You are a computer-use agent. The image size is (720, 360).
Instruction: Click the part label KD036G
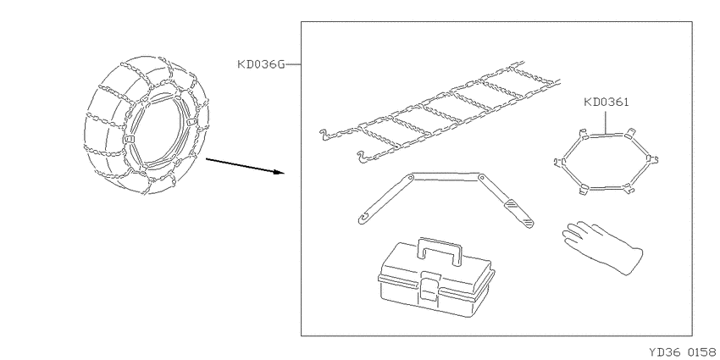click(x=261, y=64)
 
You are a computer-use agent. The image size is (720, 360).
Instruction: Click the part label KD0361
click(x=606, y=102)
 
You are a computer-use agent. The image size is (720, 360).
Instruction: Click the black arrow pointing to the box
click(x=245, y=166)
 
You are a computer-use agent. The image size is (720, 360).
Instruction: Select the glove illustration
click(x=602, y=247)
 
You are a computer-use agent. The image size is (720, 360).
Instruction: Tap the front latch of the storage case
click(x=429, y=286)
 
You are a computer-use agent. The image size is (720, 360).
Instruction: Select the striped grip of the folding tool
click(x=519, y=213)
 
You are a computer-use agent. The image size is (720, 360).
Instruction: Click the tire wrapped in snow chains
click(x=146, y=125)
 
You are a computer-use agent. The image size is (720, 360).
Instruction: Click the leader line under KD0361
click(x=606, y=121)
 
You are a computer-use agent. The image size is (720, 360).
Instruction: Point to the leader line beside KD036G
click(x=293, y=64)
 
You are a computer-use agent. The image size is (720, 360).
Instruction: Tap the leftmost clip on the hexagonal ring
click(x=560, y=162)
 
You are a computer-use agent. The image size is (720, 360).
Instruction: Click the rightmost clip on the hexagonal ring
click(x=652, y=159)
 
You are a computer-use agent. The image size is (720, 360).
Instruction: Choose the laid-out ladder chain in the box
click(x=440, y=113)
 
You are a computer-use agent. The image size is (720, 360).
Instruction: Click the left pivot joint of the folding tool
click(x=410, y=177)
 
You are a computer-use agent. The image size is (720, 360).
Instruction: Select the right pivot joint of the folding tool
click(x=481, y=177)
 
